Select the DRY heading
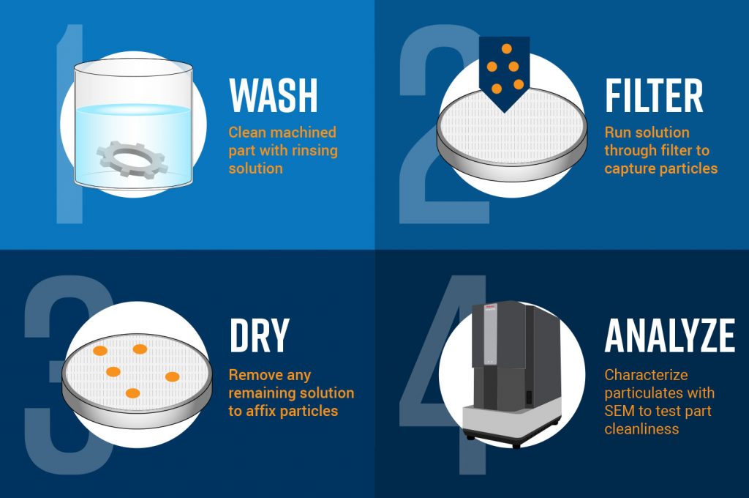[x=260, y=335]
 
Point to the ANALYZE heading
[x=669, y=335]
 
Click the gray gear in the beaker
[x=132, y=156]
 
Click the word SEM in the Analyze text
[x=620, y=411]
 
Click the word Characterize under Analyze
[x=646, y=375]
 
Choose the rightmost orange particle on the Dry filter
[x=172, y=376]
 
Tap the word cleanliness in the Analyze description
[x=641, y=428]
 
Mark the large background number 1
[x=69, y=124]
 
